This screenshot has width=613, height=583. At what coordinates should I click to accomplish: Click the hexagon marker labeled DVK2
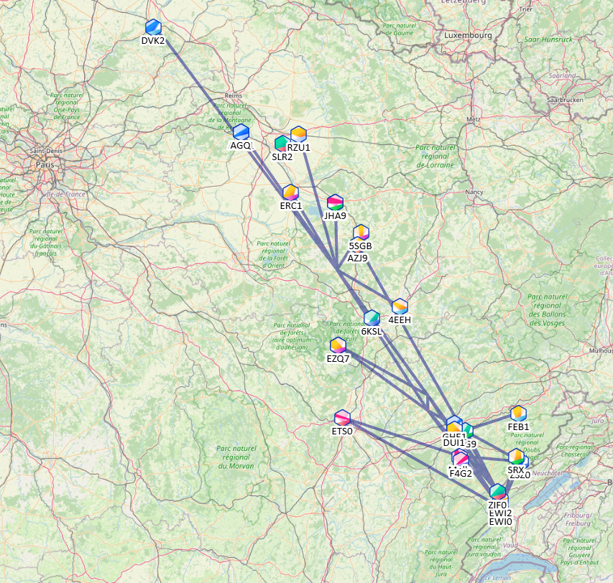click(153, 27)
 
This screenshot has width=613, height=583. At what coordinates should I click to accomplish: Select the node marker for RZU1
click(298, 134)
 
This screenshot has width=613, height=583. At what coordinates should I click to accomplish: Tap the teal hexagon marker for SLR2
click(282, 144)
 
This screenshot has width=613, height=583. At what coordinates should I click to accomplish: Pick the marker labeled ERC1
click(290, 192)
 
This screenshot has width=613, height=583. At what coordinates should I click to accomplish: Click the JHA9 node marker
click(335, 202)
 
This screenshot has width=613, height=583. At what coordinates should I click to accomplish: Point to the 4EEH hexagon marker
click(400, 307)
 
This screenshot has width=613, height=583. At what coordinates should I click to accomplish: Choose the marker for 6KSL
click(372, 318)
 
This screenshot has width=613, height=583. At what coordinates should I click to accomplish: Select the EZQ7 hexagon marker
click(338, 345)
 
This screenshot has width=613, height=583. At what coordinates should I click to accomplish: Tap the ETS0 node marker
click(342, 417)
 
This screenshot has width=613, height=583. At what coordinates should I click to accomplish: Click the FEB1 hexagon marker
click(518, 414)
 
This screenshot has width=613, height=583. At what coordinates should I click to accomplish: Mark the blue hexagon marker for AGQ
click(241, 132)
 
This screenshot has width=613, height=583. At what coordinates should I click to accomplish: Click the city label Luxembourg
click(467, 34)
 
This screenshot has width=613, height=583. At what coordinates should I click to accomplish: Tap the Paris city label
click(45, 164)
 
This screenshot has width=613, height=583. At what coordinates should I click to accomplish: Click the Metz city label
click(473, 119)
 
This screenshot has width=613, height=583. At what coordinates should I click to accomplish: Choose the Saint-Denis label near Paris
click(47, 151)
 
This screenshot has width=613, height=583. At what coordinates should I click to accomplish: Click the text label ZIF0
click(497, 505)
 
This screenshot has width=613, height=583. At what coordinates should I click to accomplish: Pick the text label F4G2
click(461, 473)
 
